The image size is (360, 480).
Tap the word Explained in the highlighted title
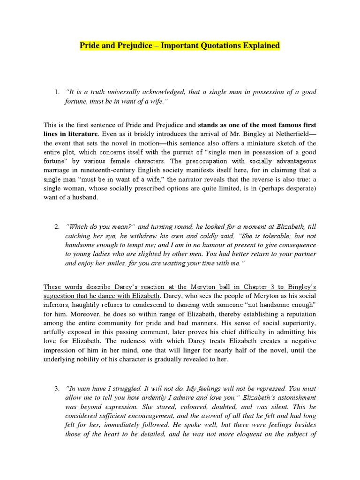(259, 45)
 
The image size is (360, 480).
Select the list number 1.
(56, 92)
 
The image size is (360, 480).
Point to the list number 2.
(56, 226)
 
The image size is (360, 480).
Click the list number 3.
(56, 389)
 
